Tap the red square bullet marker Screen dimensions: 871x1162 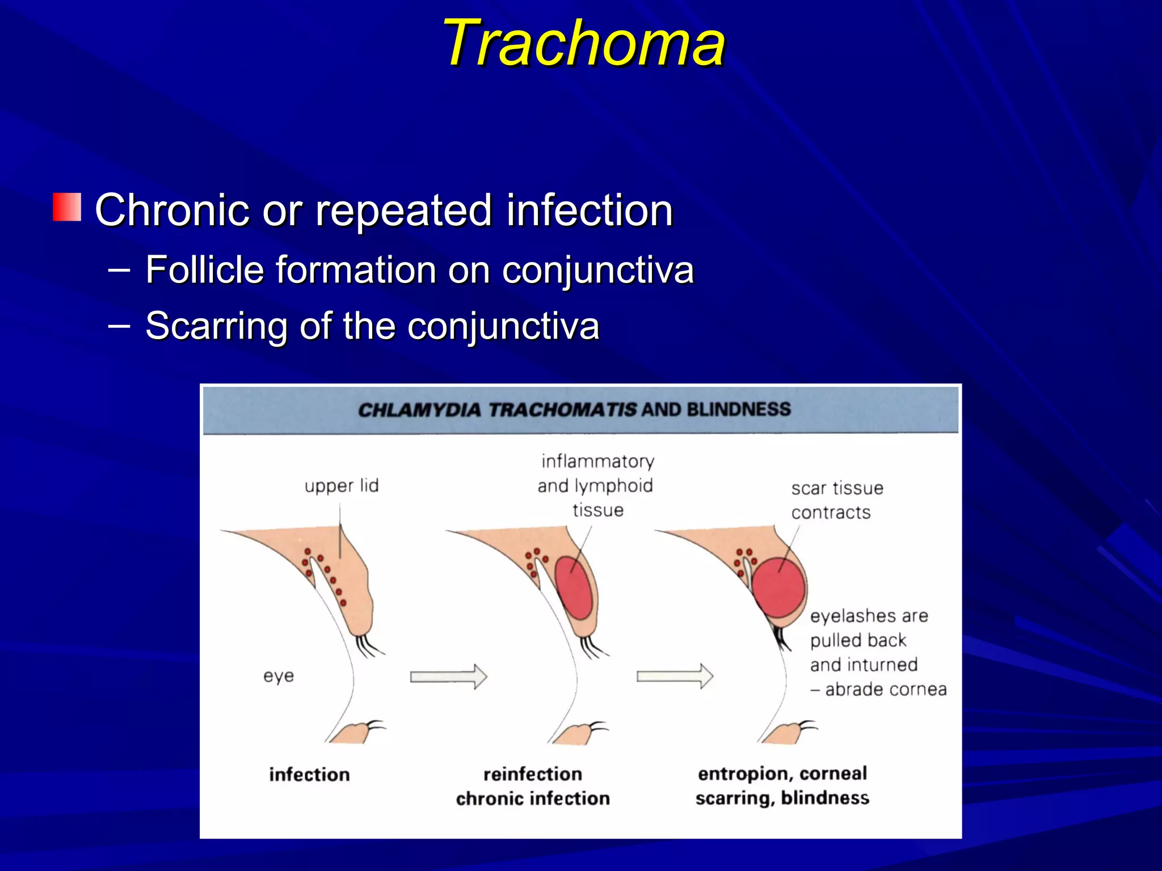(67, 207)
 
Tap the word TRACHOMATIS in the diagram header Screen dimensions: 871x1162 (562, 409)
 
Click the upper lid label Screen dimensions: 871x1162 (342, 486)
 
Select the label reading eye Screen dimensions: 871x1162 (279, 676)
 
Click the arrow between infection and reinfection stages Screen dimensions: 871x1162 (448, 676)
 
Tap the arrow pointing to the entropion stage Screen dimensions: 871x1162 (674, 676)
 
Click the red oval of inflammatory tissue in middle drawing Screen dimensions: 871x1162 (573, 587)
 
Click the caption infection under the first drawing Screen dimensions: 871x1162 (309, 775)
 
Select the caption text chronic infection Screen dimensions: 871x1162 (533, 798)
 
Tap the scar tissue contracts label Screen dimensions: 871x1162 (836, 500)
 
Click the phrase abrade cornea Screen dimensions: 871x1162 (886, 690)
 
